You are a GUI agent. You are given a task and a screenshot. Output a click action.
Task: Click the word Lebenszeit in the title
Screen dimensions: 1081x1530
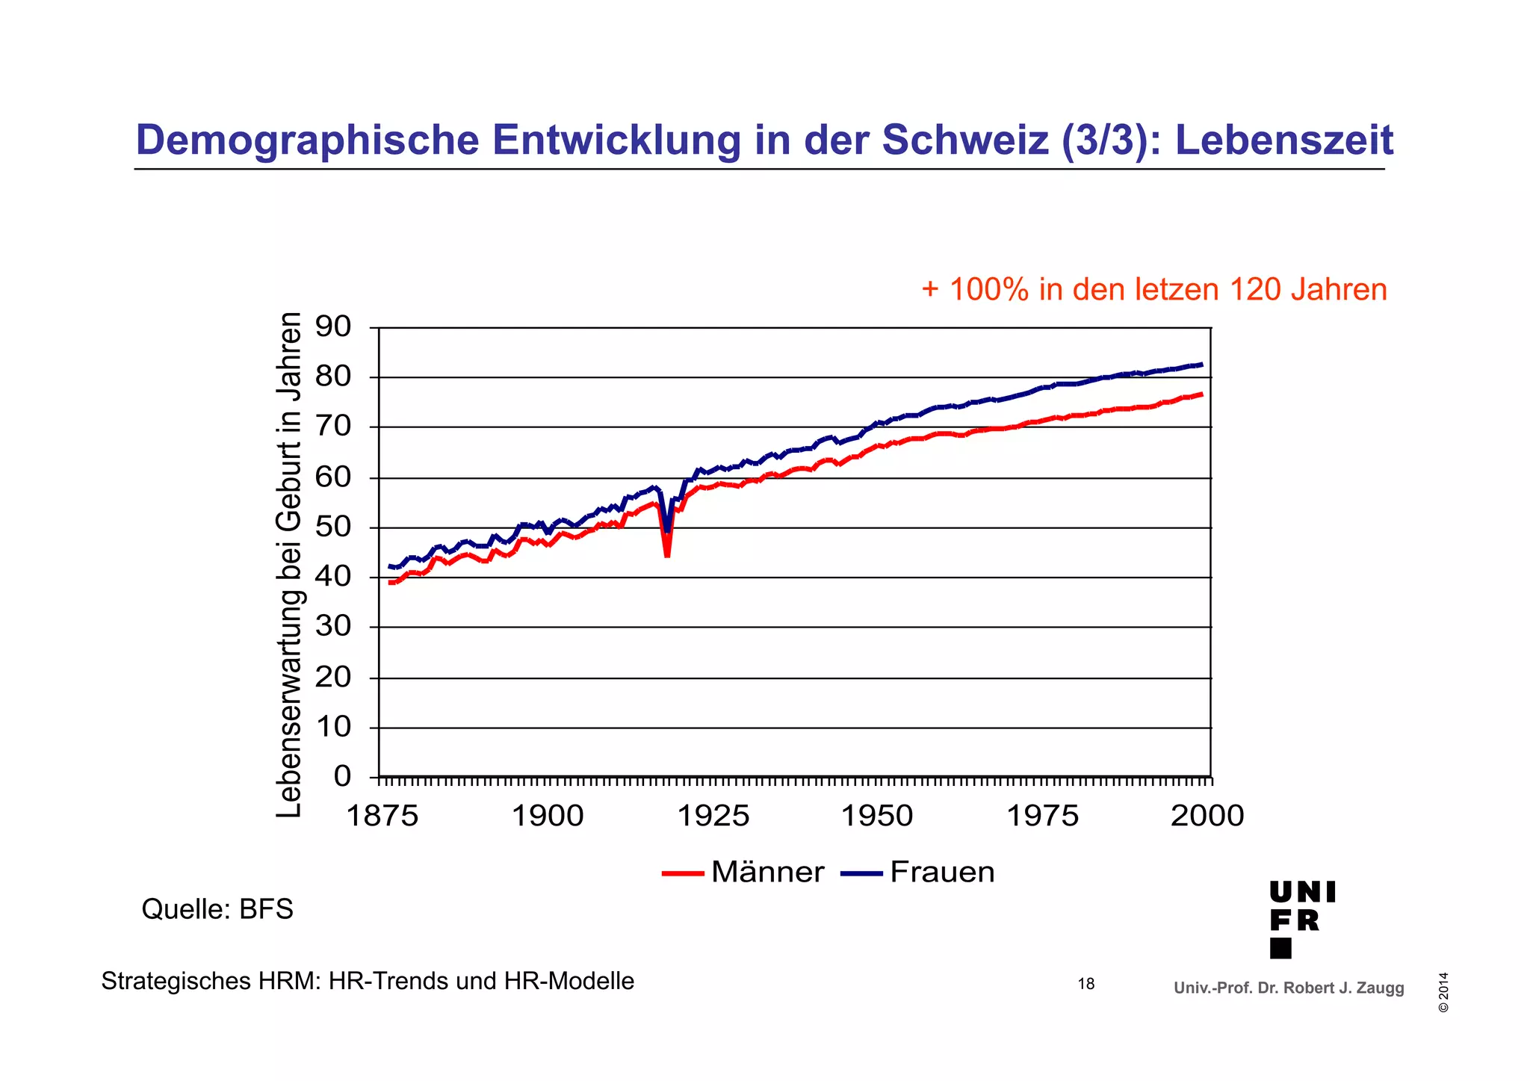[x=1284, y=140]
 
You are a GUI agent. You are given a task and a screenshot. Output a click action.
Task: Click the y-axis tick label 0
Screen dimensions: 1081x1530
[x=342, y=776]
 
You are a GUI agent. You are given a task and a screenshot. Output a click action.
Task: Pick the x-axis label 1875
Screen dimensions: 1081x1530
[x=382, y=816]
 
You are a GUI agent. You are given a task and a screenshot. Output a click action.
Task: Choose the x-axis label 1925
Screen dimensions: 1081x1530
[x=713, y=816]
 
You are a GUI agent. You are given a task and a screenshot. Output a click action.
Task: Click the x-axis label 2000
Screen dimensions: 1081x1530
[x=1207, y=816]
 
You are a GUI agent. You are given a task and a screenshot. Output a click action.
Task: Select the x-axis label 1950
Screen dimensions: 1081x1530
[x=877, y=816]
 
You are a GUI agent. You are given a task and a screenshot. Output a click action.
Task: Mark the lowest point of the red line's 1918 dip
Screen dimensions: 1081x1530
[x=666, y=555]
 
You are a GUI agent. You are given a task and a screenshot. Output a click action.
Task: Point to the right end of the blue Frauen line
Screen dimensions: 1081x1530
[x=1201, y=365]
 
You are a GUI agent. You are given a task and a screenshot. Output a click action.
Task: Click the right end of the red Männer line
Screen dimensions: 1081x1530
[x=1201, y=394]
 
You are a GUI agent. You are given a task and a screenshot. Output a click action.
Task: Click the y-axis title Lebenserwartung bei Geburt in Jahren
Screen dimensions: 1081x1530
[x=290, y=565]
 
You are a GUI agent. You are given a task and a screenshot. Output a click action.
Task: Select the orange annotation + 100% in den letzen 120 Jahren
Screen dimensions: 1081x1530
[x=1153, y=290]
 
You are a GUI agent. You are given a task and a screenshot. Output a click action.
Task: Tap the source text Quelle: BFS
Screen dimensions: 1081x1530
[x=217, y=910]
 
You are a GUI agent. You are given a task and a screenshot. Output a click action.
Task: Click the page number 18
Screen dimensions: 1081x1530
[x=1085, y=985]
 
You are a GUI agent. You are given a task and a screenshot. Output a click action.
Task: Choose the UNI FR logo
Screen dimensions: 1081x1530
[x=1301, y=919]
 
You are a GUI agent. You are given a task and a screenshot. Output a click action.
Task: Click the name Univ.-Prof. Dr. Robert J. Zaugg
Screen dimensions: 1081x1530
[x=1289, y=988]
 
